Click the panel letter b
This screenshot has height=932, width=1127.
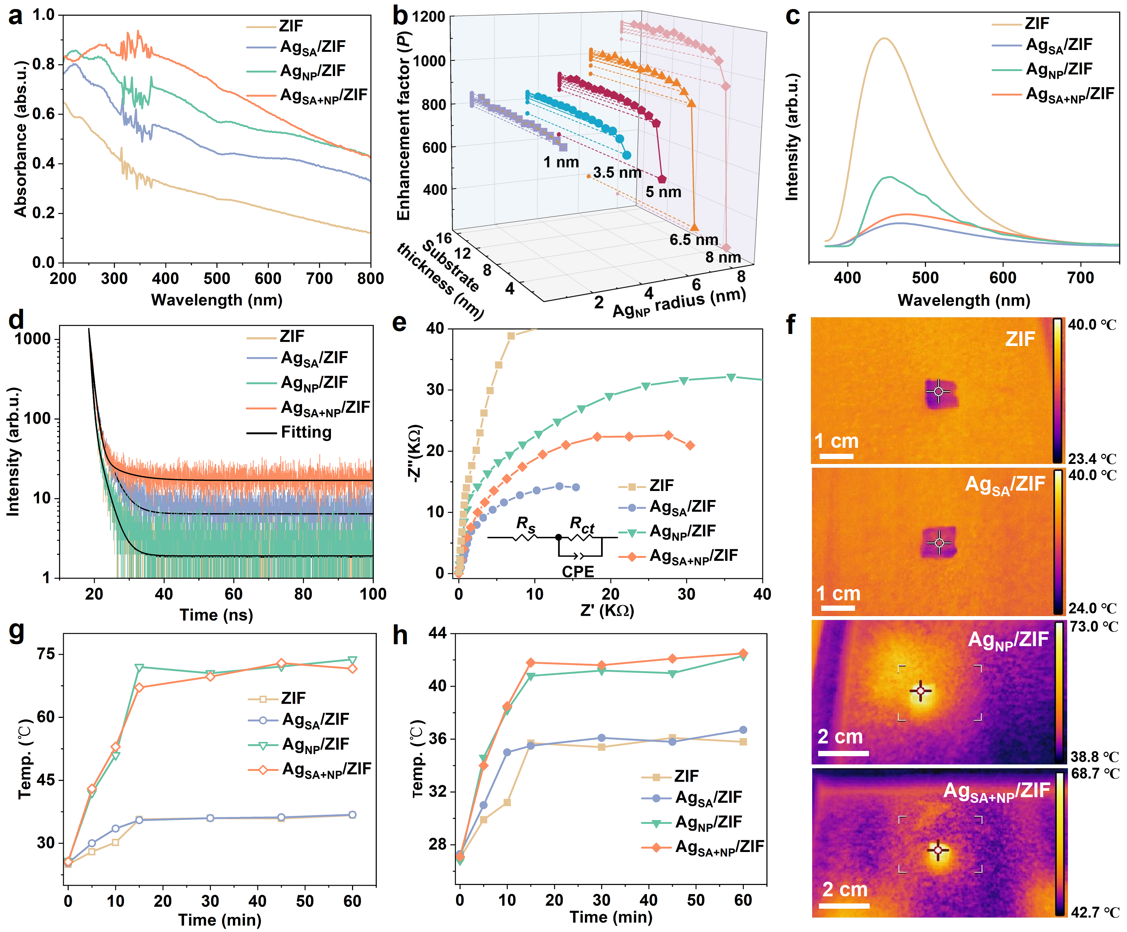[400, 16]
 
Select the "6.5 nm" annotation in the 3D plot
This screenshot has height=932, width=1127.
[693, 240]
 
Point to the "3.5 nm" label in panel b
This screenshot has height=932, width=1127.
[617, 173]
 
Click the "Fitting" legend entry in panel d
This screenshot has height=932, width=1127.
[306, 432]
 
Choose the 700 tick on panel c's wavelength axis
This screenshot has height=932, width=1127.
[1080, 278]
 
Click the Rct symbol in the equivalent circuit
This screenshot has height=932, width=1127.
[582, 524]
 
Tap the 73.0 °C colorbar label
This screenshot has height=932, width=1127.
[1094, 627]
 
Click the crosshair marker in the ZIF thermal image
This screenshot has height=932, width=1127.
[938, 392]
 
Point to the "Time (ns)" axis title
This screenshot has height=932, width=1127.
[216, 615]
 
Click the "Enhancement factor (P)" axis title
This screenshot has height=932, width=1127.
[403, 126]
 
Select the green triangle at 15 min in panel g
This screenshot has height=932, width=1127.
[139, 668]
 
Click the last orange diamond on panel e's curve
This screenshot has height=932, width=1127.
[690, 446]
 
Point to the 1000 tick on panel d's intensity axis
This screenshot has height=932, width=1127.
[32, 339]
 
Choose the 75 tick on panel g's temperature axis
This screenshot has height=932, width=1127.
[46, 654]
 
